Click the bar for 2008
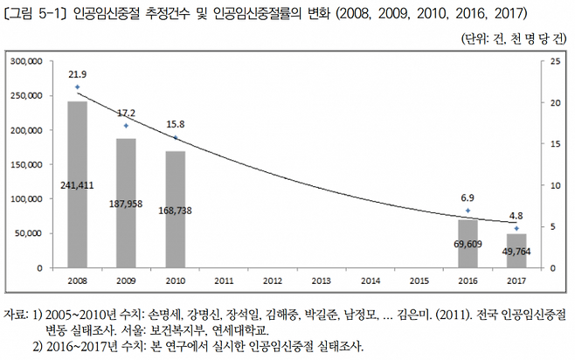click(77, 184)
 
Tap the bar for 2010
click(175, 209)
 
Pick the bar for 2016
click(468, 244)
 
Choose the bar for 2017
click(516, 251)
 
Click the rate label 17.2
click(126, 113)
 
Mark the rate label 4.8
click(516, 214)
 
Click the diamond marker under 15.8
click(175, 137)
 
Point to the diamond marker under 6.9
click(468, 211)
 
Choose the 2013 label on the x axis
click(321, 281)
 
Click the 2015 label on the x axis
click(419, 281)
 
